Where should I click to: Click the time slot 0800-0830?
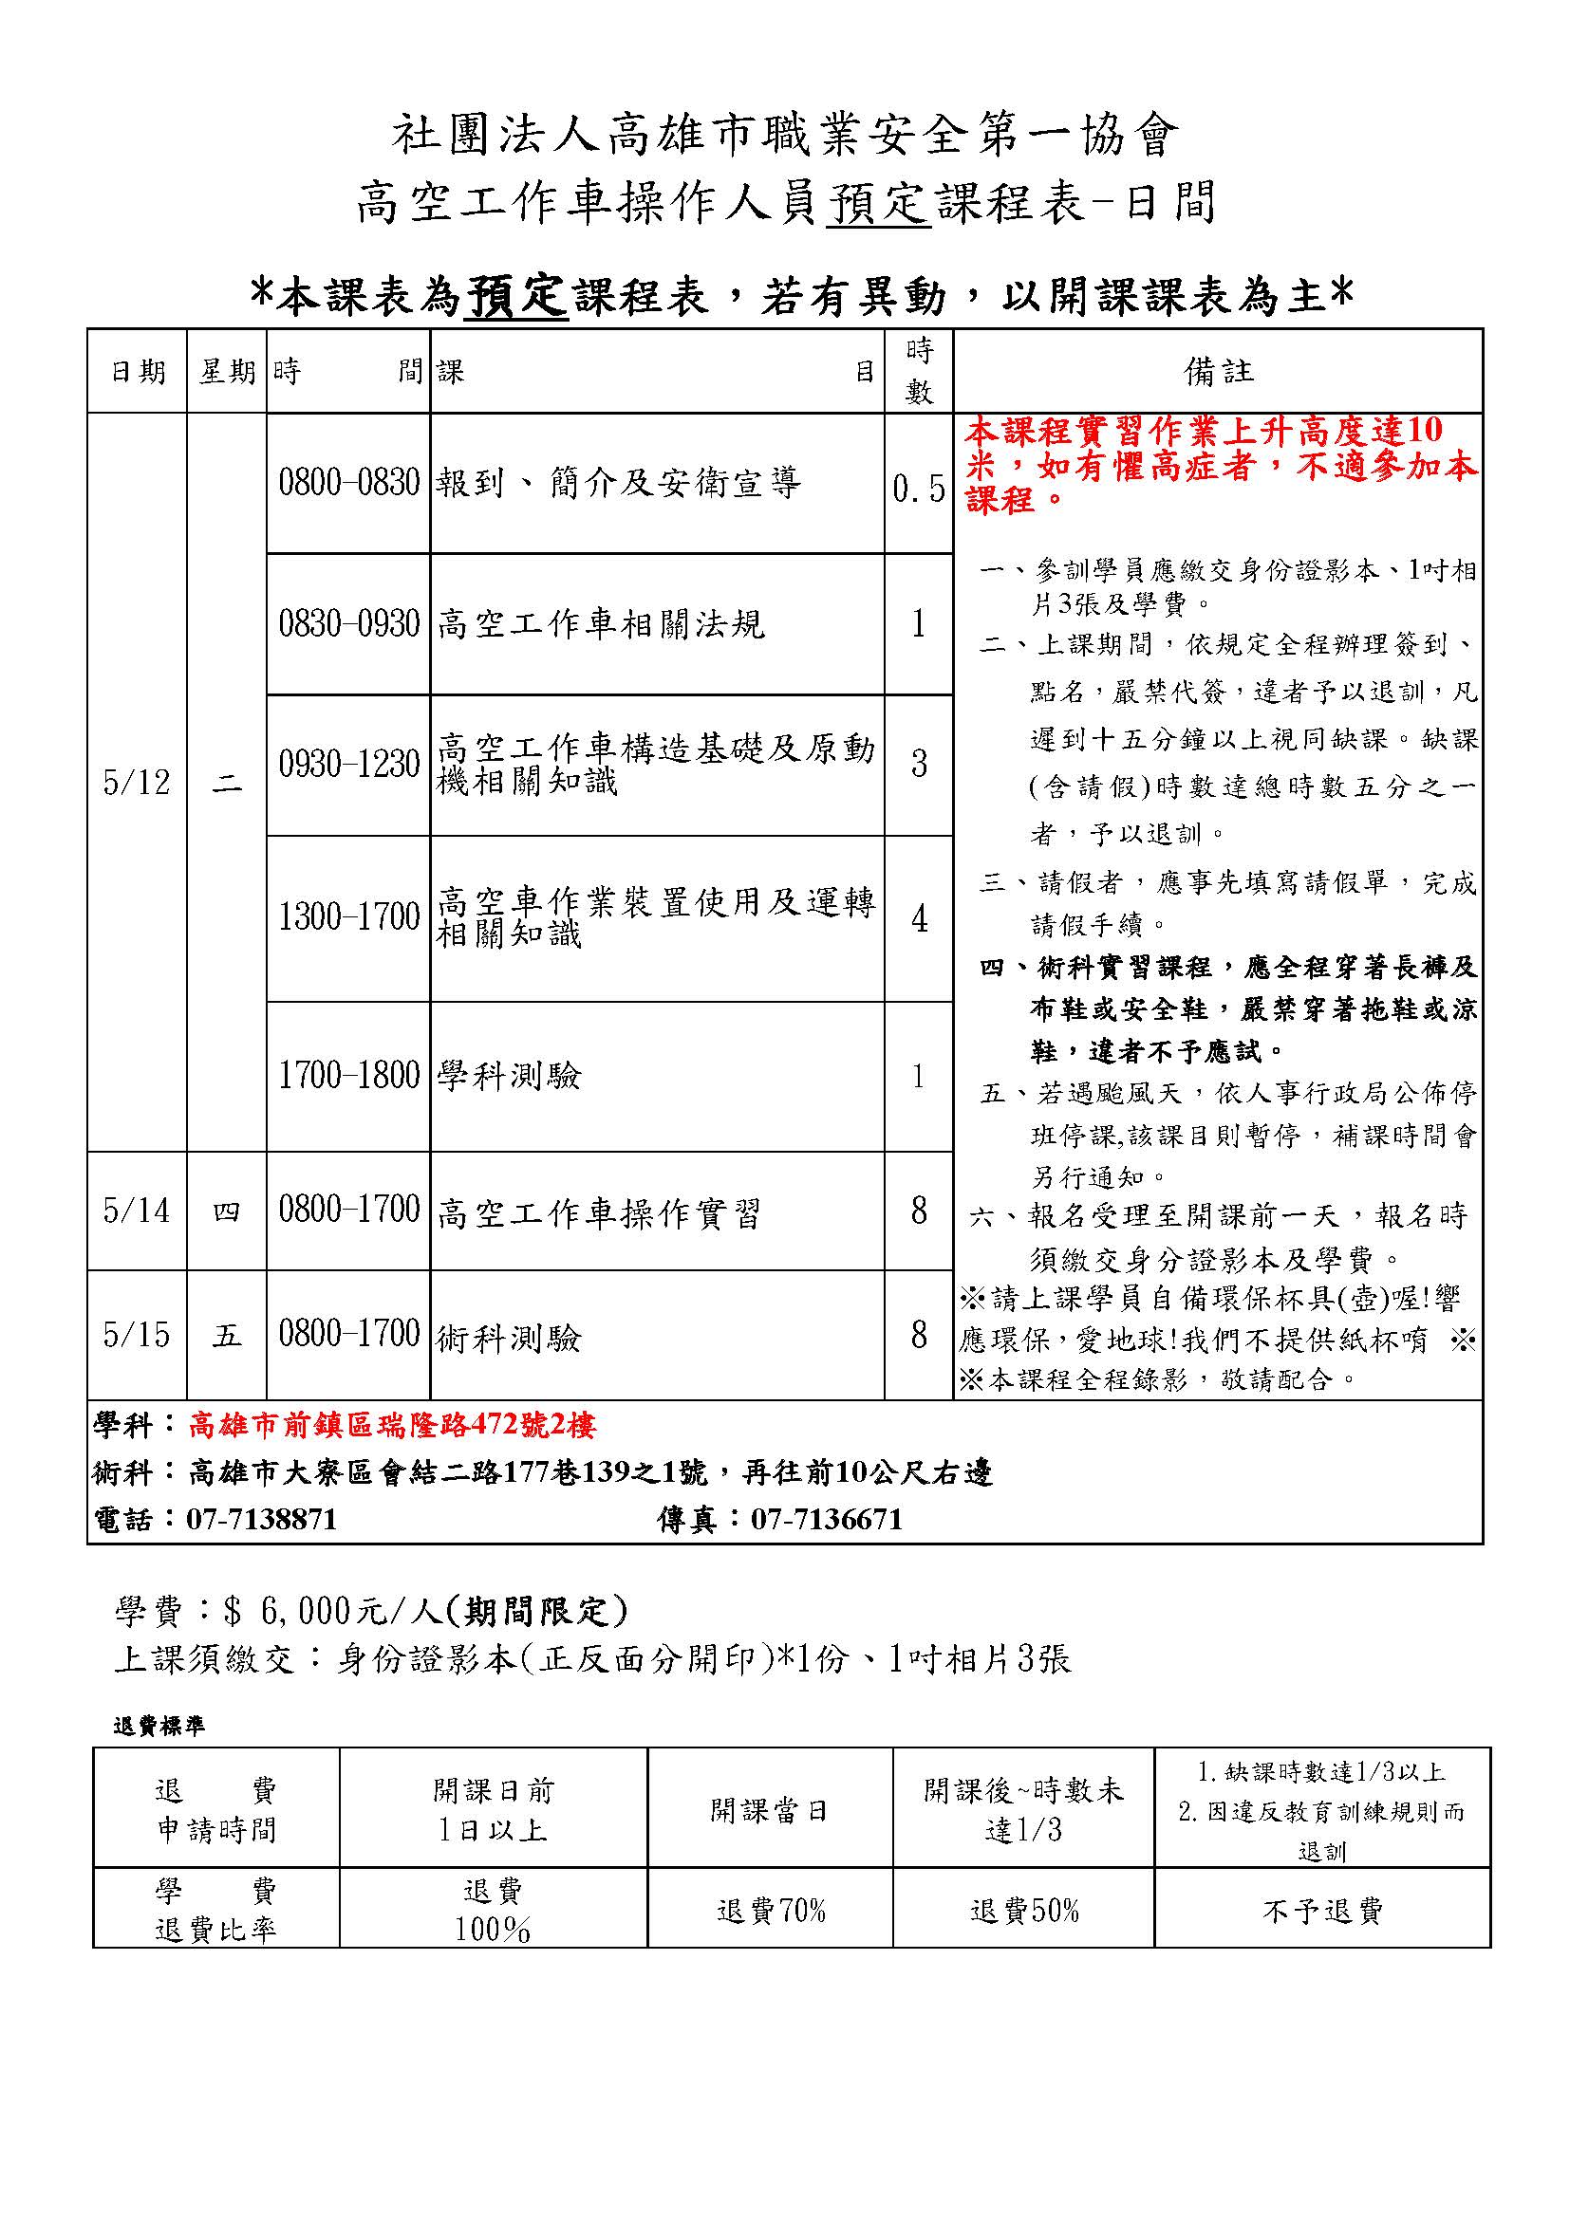point(349,482)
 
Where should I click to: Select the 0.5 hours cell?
point(919,489)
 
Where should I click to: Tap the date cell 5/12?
point(137,783)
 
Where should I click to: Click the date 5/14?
point(137,1211)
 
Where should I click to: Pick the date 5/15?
point(137,1335)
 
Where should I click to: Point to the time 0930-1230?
point(349,765)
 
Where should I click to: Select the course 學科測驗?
point(509,1076)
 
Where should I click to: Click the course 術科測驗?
point(509,1338)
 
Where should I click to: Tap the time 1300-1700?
point(349,917)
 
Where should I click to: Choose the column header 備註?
point(1218,371)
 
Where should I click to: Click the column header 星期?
point(227,371)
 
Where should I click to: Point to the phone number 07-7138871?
point(261,1519)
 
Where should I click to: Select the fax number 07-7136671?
point(827,1519)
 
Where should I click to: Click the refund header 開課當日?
point(771,1809)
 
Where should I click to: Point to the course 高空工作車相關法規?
point(600,624)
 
